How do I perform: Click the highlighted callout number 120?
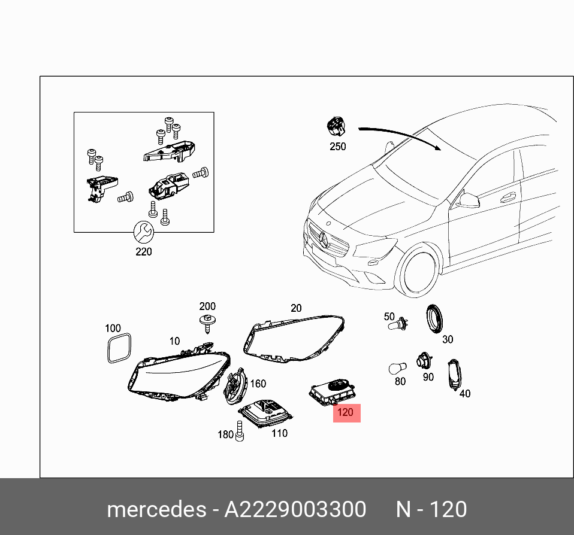click(x=346, y=412)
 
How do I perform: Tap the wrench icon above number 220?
click(x=144, y=231)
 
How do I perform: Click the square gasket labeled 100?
click(x=118, y=348)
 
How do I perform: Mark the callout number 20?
click(x=296, y=308)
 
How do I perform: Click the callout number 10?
click(x=174, y=341)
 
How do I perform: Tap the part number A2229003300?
click(x=295, y=509)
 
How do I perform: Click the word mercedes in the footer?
click(x=155, y=509)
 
